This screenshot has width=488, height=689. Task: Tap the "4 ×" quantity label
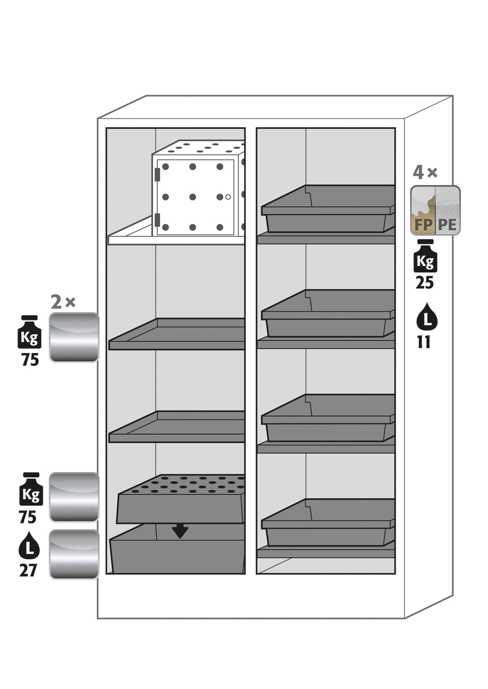[425, 172]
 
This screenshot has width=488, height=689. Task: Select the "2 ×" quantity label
[63, 302]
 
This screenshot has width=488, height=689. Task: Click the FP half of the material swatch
[423, 210]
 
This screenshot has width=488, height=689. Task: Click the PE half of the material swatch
[448, 210]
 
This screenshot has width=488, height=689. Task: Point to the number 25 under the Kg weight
[425, 283]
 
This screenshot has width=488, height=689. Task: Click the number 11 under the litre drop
[424, 342]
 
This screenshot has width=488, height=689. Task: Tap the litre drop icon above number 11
[427, 315]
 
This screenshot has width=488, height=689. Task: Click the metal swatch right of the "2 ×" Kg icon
[74, 337]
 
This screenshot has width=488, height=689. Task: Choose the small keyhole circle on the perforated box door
[228, 197]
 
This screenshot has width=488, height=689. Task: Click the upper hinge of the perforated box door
[157, 174]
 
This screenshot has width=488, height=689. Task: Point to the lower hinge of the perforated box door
[157, 219]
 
